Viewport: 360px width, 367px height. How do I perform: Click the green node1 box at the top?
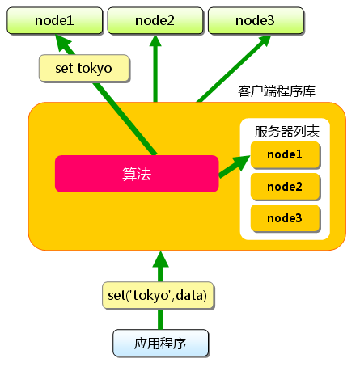coord(54,19)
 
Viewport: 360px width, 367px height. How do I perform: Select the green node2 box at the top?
coord(154,19)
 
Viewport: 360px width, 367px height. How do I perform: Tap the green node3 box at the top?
coord(254,19)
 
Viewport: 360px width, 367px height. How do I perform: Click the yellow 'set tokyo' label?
coord(84,68)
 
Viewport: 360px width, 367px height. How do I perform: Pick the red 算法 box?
coord(137,173)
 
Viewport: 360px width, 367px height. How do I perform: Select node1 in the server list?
coord(285,154)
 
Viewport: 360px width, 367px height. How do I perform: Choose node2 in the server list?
coord(285,187)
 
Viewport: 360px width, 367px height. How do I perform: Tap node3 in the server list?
coord(285,217)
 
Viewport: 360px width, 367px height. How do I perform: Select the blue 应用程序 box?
coord(160,343)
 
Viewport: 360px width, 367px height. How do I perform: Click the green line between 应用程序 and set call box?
coord(160,318)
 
